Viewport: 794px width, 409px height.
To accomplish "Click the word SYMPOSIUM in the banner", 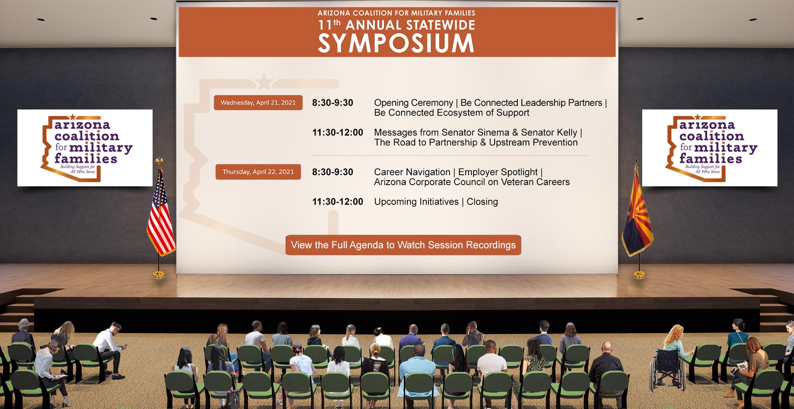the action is (x=396, y=43).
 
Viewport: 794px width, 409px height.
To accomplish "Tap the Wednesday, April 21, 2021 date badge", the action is (x=258, y=102).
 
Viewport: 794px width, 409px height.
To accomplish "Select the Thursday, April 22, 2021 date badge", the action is (x=258, y=172).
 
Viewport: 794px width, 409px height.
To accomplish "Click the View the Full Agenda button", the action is (x=403, y=245).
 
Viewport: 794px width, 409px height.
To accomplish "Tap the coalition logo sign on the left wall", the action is (x=85, y=148).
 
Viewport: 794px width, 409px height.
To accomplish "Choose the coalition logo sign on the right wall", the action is (x=710, y=148).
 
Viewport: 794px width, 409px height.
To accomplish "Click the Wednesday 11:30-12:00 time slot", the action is (x=337, y=133).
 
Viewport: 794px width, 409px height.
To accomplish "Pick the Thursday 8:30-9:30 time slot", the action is (x=332, y=172).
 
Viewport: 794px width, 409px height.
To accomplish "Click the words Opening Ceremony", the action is (x=414, y=103).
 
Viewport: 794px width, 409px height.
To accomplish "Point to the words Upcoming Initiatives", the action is (x=416, y=202).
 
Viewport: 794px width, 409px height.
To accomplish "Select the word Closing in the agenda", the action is (x=482, y=202).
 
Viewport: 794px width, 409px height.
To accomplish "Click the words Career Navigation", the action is (x=412, y=172).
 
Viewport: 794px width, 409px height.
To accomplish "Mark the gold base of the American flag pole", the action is (x=159, y=274).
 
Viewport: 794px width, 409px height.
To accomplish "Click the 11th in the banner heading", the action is (x=329, y=25).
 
